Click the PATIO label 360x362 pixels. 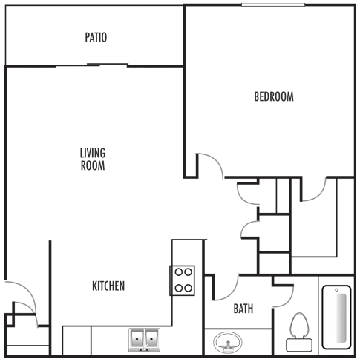(96, 36)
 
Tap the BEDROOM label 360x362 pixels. (274, 96)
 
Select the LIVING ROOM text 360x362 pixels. (93, 159)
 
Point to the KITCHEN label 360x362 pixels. (108, 286)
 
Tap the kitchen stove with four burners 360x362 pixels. (183, 280)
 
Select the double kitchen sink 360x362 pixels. (145, 340)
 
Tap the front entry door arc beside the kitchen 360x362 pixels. (22, 297)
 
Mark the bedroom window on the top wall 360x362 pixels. (272, 5)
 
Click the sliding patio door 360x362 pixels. (93, 65)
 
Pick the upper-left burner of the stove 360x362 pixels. (178, 273)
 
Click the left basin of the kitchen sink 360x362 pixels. (138, 340)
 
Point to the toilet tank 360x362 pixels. (299, 344)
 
